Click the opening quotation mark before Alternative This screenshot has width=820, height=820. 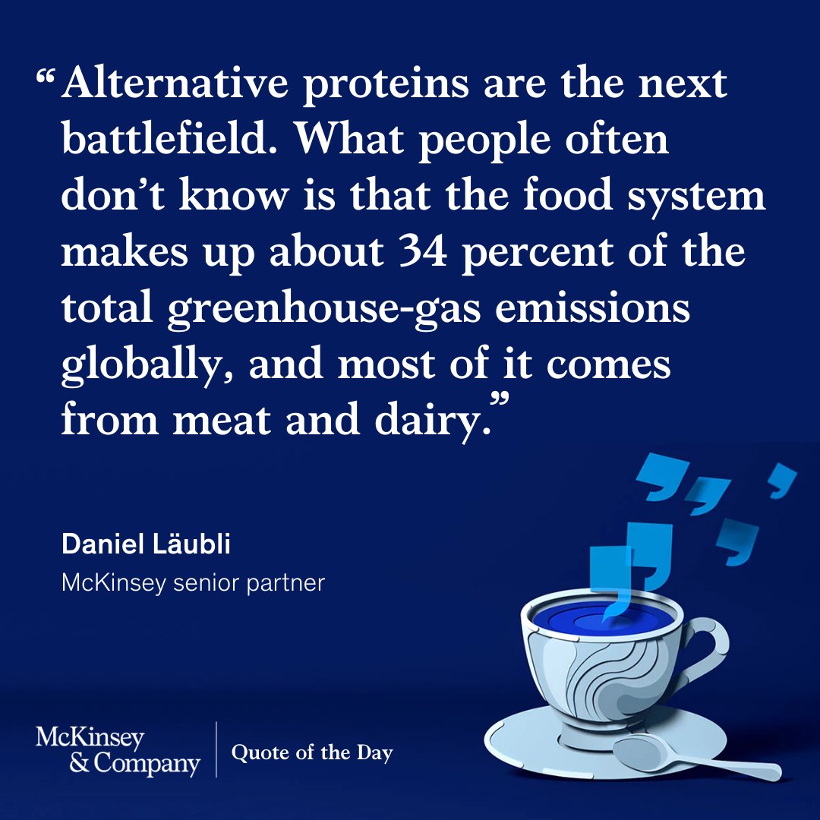point(47,77)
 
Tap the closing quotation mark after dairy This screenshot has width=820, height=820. point(499,400)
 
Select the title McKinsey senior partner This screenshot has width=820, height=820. point(193,583)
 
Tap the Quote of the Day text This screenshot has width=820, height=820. point(312,753)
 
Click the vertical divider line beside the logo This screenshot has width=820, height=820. point(216,749)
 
